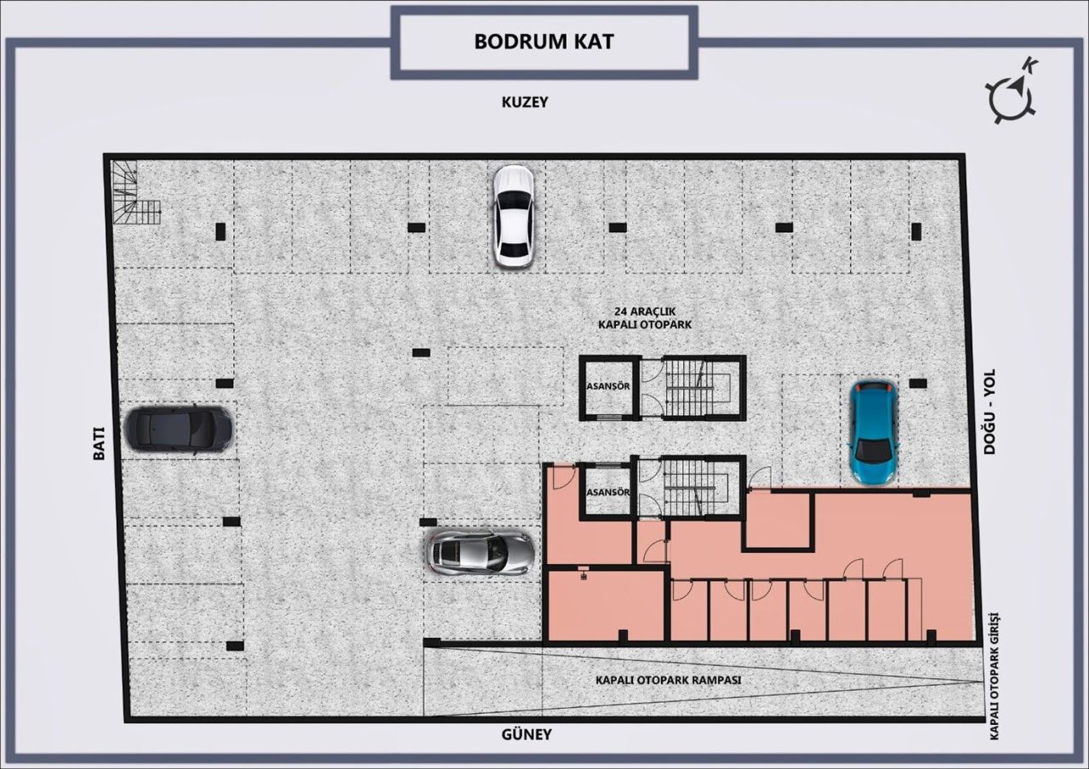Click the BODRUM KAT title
[x=544, y=42]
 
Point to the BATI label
[x=99, y=443]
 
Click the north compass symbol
[x=1012, y=92]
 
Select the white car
[x=514, y=216]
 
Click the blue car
[x=875, y=432]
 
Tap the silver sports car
[x=480, y=553]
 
